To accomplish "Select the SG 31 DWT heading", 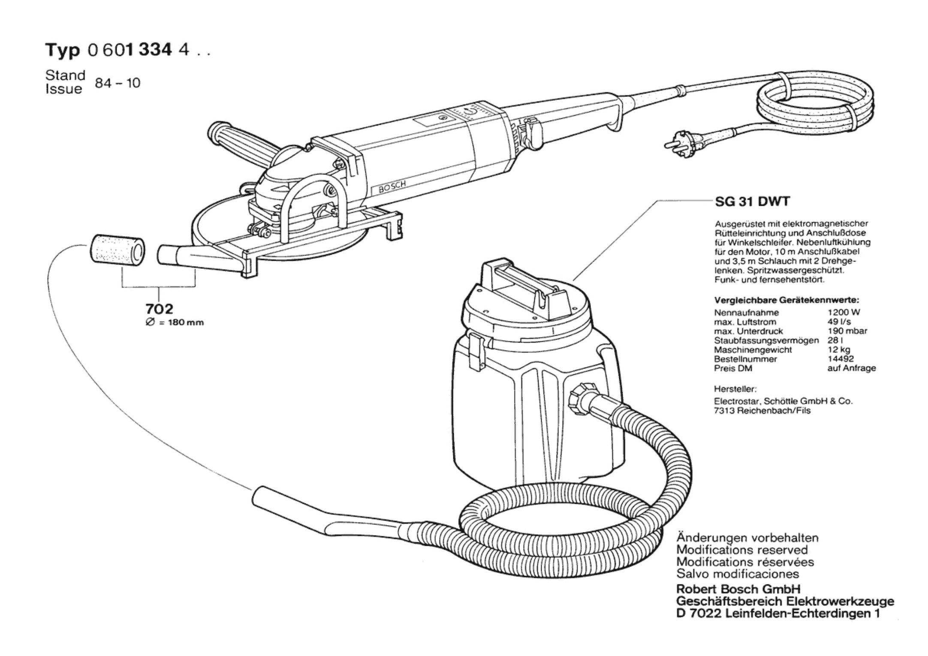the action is click(x=752, y=202).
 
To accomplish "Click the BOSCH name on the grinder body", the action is click(x=392, y=187).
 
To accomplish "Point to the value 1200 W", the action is click(x=844, y=313).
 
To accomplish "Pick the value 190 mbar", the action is click(x=847, y=331).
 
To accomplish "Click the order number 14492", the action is click(x=841, y=359).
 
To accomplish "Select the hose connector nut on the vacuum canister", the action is click(x=580, y=395).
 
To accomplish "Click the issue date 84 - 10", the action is click(x=118, y=83).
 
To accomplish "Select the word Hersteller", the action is click(x=735, y=389).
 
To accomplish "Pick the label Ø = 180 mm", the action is click(x=175, y=322).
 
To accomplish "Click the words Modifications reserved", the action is click(x=742, y=550).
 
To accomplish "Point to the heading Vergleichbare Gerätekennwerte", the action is click(x=786, y=300).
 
